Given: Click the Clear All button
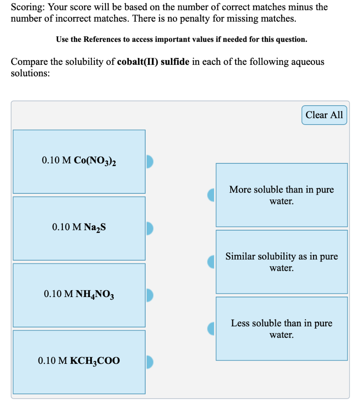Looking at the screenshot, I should click(x=324, y=115).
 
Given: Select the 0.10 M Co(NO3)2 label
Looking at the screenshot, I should click(x=79, y=161).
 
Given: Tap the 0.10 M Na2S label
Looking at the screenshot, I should click(x=79, y=227).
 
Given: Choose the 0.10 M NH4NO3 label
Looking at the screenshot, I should click(x=79, y=294).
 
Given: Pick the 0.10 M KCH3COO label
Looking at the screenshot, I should click(x=79, y=361).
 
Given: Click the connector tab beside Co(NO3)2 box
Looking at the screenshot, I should click(x=149, y=161).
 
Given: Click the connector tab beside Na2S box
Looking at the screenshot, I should click(x=149, y=228).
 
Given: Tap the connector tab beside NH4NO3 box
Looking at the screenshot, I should click(x=149, y=295).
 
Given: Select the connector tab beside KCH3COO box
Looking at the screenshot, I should click(x=149, y=361).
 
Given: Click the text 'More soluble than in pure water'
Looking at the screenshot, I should click(x=281, y=195).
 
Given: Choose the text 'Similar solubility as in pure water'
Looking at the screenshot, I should click(x=281, y=262).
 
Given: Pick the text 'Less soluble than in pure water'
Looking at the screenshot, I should click(x=281, y=329).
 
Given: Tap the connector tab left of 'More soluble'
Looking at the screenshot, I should click(x=211, y=195).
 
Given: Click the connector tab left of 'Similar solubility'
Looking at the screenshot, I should click(x=211, y=261).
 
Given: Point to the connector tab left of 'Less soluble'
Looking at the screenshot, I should click(x=211, y=328).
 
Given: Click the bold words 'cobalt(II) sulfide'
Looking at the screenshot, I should click(x=154, y=62).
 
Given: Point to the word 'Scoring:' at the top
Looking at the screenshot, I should click(x=28, y=7).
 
